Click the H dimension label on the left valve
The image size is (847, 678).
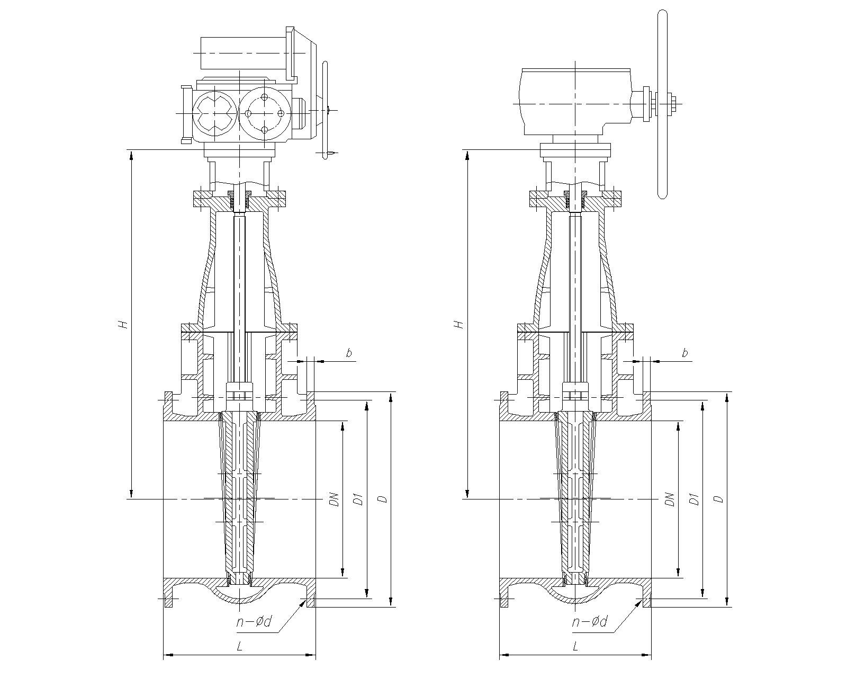[x=123, y=324]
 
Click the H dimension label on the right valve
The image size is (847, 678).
[x=459, y=324]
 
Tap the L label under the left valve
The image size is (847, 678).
[x=239, y=646]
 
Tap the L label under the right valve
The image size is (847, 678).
[x=575, y=646]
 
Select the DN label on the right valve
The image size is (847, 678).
[x=671, y=499]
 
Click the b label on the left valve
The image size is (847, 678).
[x=349, y=353]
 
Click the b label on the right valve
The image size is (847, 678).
[x=685, y=353]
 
